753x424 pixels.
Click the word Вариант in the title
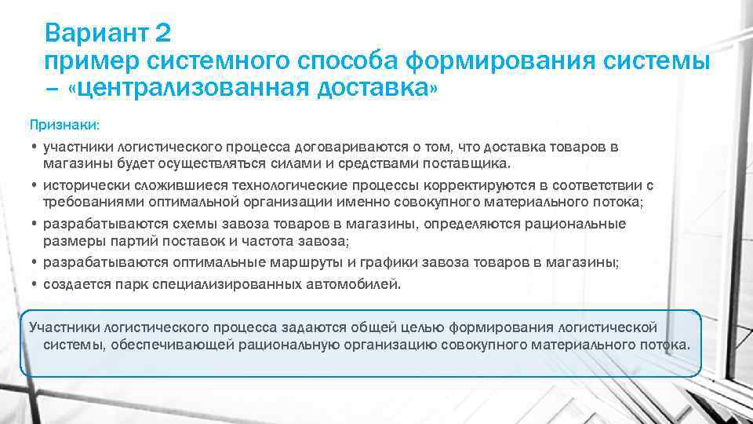[x=95, y=34]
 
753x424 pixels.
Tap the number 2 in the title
[x=162, y=34]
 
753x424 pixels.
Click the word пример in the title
[x=86, y=61]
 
